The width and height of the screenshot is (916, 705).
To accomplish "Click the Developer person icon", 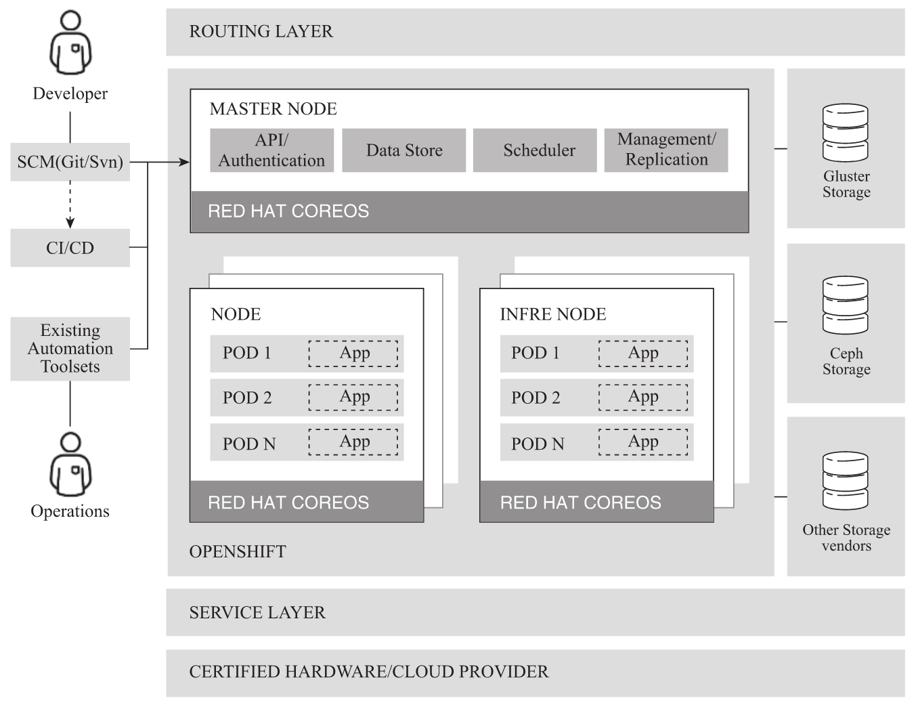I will pos(70,43).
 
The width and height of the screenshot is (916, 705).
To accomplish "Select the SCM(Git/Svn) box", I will pos(70,162).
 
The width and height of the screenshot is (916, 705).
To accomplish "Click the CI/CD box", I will pos(70,248).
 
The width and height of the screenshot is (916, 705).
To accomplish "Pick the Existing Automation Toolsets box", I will pos(70,348).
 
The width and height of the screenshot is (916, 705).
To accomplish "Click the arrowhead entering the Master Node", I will pos(184,162).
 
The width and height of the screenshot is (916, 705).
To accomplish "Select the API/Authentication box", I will pos(271,150).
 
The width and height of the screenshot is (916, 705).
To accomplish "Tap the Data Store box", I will pos(404,150).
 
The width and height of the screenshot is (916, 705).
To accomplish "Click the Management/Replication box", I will pos(666,150).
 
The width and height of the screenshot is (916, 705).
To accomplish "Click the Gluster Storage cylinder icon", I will pos(845,132).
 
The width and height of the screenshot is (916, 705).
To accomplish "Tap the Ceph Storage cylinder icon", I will pos(845,305).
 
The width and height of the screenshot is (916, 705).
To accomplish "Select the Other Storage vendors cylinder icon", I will pos(845,481).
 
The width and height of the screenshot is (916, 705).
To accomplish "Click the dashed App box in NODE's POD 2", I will pos(353,398).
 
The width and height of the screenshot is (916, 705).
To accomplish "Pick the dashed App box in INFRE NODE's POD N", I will pos(642,442).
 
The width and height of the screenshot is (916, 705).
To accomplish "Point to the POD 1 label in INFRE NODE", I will pos(535,353).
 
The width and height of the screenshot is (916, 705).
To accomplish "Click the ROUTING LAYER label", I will pos(261,32).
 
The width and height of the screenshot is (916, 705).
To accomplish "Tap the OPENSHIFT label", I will pos(238,552).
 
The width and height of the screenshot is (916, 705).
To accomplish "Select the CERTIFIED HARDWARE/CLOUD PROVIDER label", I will pos(368,672).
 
